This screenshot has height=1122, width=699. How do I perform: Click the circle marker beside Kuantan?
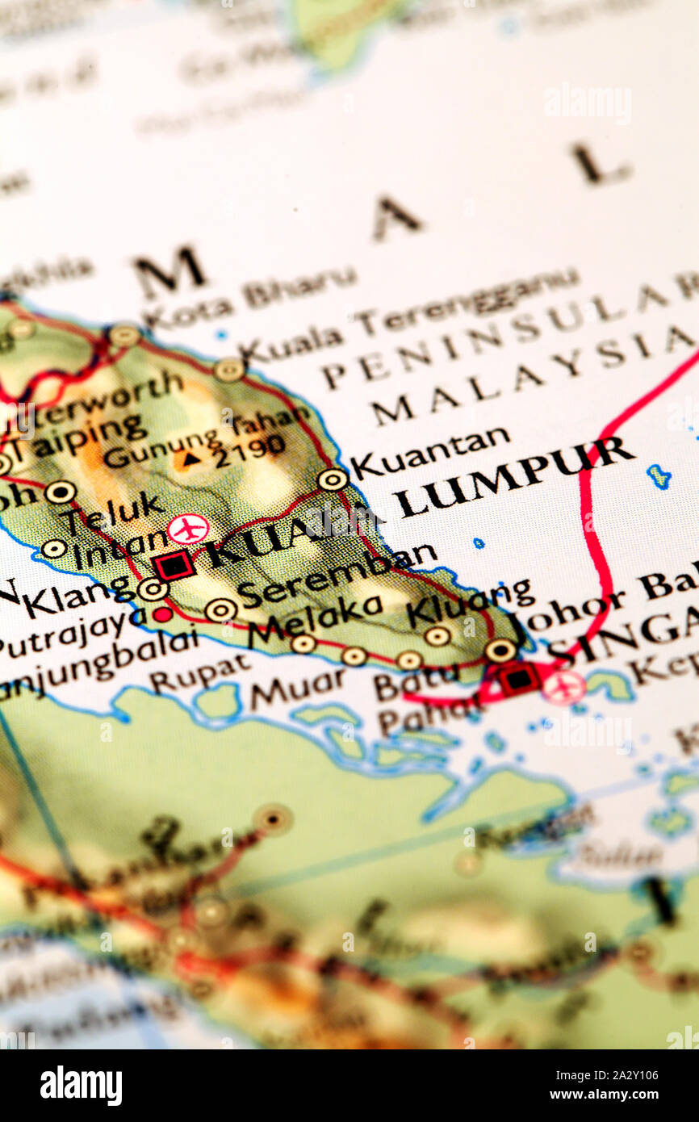point(332,479)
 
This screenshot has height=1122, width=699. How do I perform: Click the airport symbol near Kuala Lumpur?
point(188,530)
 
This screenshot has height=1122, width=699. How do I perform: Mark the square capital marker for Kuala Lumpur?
point(174,565)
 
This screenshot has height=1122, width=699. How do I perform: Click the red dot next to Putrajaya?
point(163,614)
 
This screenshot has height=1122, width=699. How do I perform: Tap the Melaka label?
point(314,619)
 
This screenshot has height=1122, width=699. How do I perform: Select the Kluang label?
point(469,601)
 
